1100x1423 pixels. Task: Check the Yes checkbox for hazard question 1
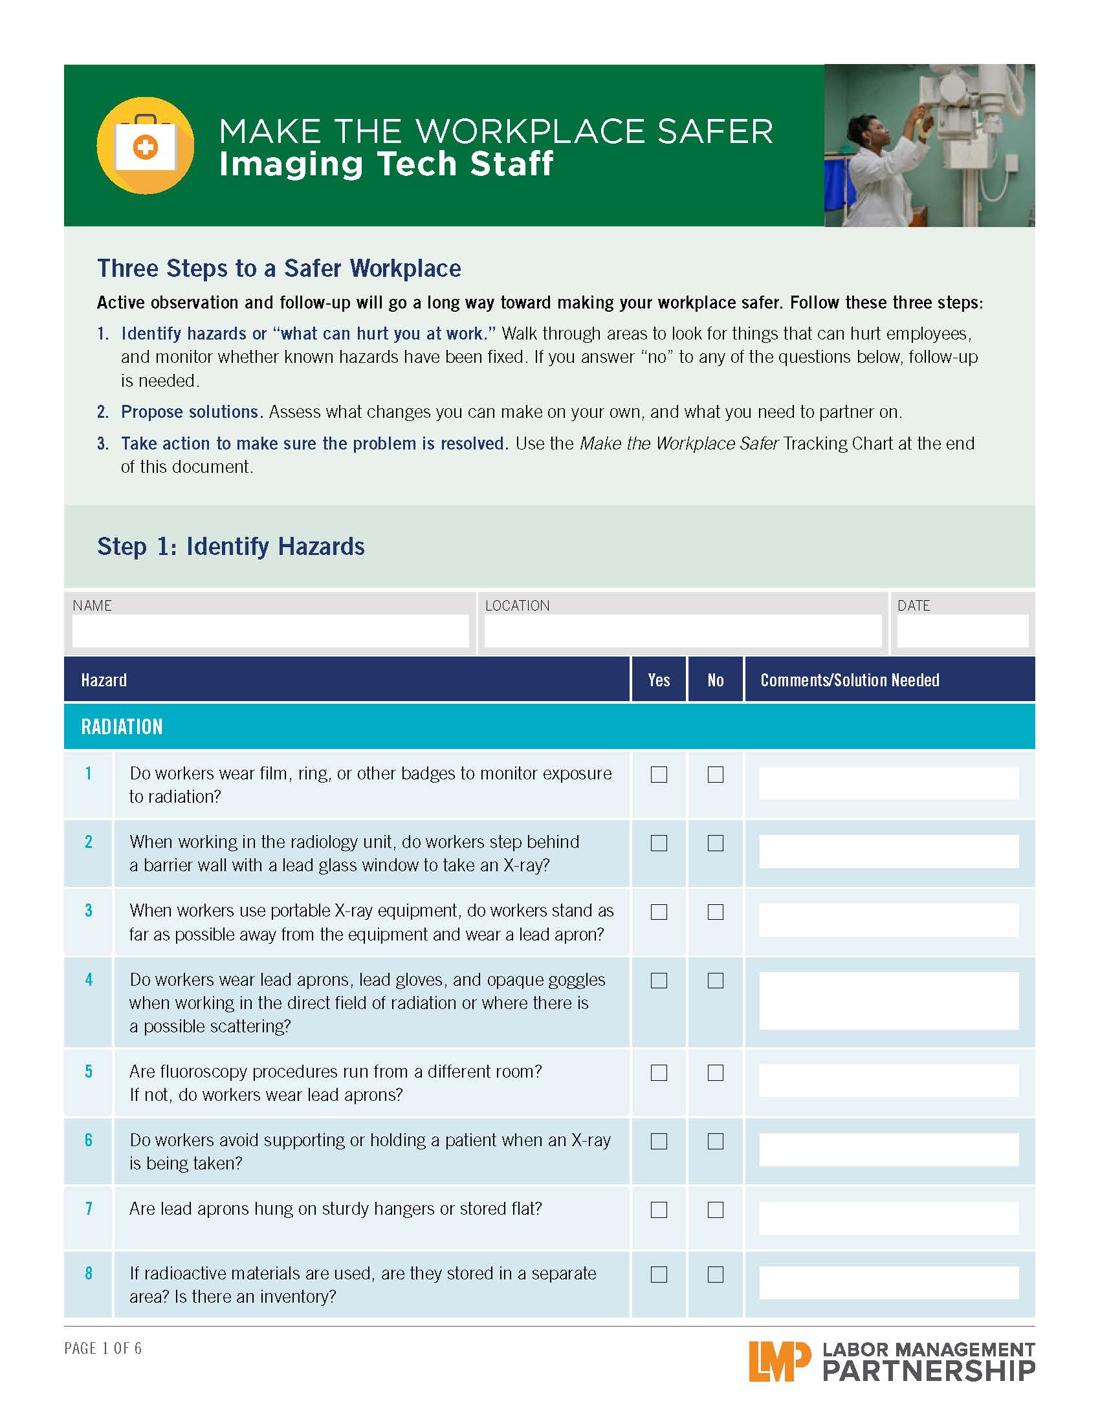[x=659, y=774]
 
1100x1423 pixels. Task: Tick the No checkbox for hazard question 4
[x=716, y=981]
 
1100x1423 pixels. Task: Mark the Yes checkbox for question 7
[x=659, y=1210]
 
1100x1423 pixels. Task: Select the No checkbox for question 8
[x=716, y=1274]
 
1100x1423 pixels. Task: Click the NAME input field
[x=270, y=631]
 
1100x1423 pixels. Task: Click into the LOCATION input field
[x=682, y=631]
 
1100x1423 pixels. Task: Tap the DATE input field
[x=963, y=631]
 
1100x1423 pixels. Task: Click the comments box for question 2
[x=889, y=851]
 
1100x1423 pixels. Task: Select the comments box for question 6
[x=889, y=1149]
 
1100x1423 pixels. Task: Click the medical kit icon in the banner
[x=146, y=146]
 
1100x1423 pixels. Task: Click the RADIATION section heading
[x=122, y=727]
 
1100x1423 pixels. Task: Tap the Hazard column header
[x=104, y=680]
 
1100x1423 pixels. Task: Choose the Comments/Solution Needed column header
[x=850, y=680]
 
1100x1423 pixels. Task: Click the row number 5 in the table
[x=89, y=1072]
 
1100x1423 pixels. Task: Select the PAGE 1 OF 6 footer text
[x=103, y=1348]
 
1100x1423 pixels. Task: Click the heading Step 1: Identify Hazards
[x=231, y=547]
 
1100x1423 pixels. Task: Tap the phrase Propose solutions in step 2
[x=191, y=412]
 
